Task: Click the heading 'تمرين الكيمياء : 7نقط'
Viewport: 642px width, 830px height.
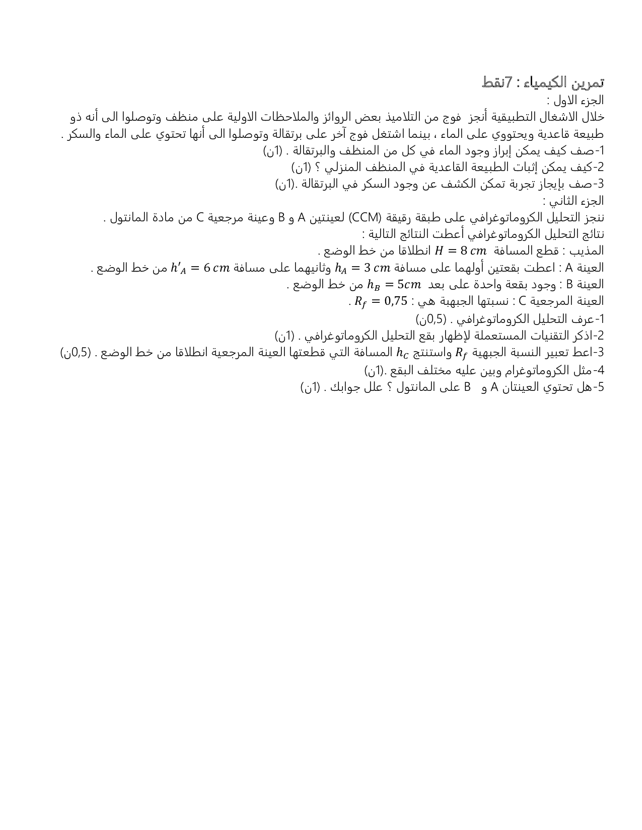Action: pos(543,81)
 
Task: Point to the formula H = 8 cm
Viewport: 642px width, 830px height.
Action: pos(461,251)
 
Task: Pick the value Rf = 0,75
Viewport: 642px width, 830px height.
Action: pos(374,301)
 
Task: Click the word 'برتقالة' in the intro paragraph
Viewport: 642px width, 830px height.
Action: pos(311,134)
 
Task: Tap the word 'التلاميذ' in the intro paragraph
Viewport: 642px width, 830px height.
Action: pos(422,117)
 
